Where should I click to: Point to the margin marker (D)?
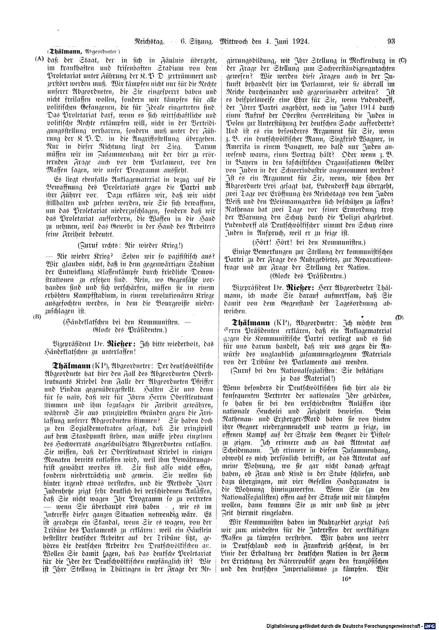(x=399, y=317)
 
